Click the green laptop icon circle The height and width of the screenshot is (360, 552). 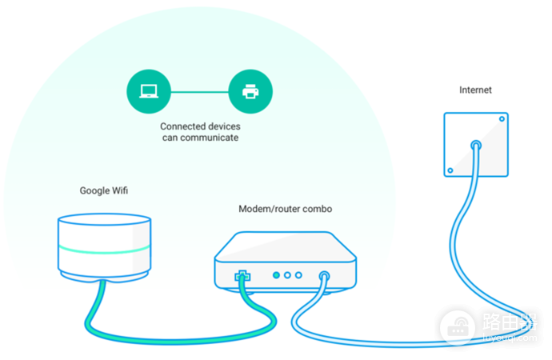[149, 91]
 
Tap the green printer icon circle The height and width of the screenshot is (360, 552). [250, 91]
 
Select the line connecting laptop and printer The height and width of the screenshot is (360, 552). [200, 92]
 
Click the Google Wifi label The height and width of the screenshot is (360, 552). [104, 190]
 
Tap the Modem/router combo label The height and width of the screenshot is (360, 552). [285, 209]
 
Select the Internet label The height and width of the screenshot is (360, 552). [475, 90]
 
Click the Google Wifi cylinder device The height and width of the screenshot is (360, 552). [105, 246]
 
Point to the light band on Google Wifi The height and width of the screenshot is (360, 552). [105, 249]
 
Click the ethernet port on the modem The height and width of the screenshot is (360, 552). [242, 276]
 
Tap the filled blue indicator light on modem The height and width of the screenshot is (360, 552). [276, 275]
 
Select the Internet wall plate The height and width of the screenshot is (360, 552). [476, 144]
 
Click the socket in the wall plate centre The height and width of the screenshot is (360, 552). [476, 145]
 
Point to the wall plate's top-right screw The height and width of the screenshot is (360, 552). [502, 119]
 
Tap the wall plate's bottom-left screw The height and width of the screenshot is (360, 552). [450, 170]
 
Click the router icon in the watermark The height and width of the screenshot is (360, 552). [458, 327]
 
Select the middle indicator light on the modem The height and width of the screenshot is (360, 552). [287, 275]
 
